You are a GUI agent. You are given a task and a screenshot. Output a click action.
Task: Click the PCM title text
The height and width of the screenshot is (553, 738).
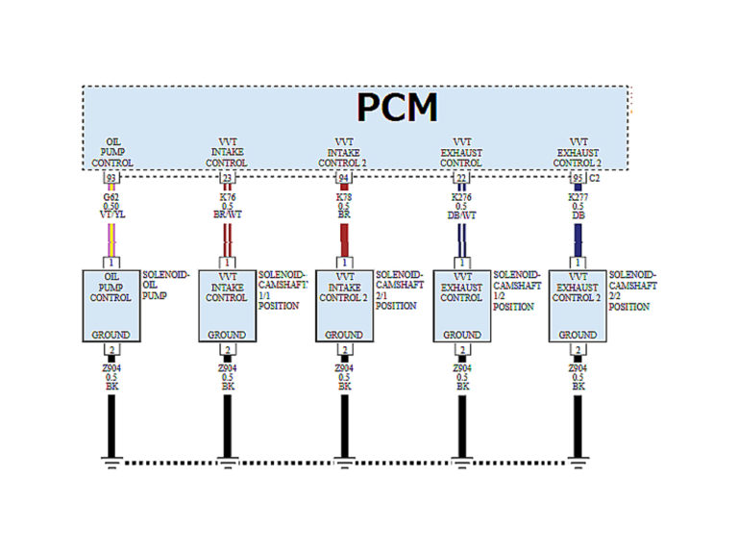pos(397,108)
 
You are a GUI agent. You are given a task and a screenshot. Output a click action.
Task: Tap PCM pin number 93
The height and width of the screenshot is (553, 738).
pos(111,178)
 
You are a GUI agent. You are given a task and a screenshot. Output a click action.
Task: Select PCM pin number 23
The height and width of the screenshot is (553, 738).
pos(228,178)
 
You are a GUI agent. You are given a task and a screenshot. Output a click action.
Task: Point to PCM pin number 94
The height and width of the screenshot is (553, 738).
pos(344,178)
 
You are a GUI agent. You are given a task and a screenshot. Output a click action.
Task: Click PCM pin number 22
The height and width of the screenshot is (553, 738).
pos(461,178)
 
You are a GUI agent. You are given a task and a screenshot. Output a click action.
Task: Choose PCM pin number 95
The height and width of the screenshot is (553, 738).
pos(577,178)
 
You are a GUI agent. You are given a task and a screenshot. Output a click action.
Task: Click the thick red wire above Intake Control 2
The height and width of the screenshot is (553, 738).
pos(344,238)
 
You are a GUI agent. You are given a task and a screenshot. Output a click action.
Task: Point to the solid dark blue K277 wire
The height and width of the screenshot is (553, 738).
pos(578,238)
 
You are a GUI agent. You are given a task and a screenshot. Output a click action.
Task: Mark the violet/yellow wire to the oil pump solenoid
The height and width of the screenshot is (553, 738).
pos(111,238)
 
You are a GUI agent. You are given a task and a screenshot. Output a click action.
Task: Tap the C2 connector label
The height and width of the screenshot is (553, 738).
pos(595,178)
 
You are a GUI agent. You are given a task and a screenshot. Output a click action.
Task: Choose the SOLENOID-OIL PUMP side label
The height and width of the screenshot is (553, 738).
pos(164,286)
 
